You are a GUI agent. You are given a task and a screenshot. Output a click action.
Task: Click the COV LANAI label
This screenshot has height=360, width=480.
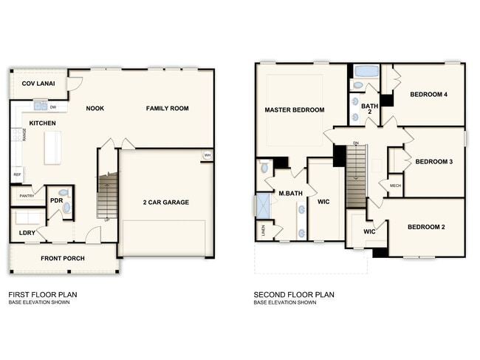pyautogui.click(x=34, y=83)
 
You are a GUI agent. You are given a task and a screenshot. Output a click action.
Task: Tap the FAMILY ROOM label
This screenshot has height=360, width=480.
pyautogui.click(x=167, y=109)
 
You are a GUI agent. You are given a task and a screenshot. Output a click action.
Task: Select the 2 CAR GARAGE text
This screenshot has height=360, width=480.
pyautogui.click(x=165, y=202)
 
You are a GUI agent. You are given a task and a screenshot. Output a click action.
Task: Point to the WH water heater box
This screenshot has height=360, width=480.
pyautogui.click(x=208, y=155)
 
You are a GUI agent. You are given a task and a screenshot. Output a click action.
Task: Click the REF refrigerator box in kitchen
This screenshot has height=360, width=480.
pyautogui.click(x=16, y=174)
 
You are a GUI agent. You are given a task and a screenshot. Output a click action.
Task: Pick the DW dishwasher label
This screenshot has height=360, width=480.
pyautogui.click(x=54, y=106)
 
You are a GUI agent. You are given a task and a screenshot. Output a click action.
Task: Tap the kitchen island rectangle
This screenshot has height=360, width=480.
pyautogui.click(x=53, y=146)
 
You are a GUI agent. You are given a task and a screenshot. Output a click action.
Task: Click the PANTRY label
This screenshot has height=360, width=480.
pyautogui.click(x=27, y=196)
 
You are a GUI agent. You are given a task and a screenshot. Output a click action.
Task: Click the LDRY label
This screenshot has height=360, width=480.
pyautogui.click(x=27, y=233)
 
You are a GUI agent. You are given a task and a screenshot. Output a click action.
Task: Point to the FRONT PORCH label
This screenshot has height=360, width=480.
pyautogui.click(x=63, y=258)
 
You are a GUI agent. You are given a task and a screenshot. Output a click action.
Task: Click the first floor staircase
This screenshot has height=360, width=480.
pyautogui.click(x=108, y=195)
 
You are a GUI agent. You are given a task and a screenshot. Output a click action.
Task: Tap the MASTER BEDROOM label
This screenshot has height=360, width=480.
pyautogui.click(x=294, y=110)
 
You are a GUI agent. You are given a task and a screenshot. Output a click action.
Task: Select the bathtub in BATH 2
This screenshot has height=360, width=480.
pyautogui.click(x=366, y=72)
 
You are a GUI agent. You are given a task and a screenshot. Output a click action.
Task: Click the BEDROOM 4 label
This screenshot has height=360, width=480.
pyautogui.click(x=428, y=94)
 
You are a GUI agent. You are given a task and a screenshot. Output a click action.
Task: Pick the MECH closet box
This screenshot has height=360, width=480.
pyautogui.click(x=395, y=186)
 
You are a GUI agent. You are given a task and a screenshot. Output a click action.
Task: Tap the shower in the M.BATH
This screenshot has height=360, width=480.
pyautogui.click(x=262, y=206)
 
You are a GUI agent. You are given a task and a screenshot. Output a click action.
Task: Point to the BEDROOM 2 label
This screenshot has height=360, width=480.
pyautogui.click(x=427, y=228)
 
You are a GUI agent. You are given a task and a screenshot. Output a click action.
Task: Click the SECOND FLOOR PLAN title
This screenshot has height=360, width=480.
pyautogui.click(x=294, y=294)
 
